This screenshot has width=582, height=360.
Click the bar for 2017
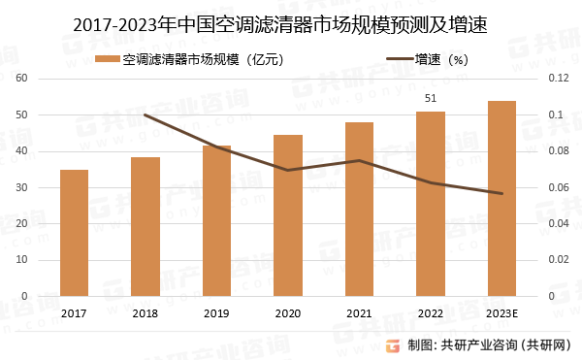click(x=75, y=233)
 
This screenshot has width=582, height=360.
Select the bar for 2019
click(x=216, y=221)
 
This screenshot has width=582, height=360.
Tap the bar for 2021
click(x=359, y=210)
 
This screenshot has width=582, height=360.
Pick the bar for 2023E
click(x=501, y=199)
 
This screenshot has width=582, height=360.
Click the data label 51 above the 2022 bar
click(x=431, y=98)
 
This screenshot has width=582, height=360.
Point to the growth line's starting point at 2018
click(x=145, y=115)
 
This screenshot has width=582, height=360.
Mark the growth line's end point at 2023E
click(x=501, y=193)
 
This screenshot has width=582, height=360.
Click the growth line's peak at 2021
click(x=359, y=160)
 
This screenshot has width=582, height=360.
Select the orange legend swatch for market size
click(x=108, y=59)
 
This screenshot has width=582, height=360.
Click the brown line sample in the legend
click(x=400, y=58)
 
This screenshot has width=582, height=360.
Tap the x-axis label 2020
click(x=288, y=313)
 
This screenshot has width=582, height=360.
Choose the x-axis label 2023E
click(x=501, y=313)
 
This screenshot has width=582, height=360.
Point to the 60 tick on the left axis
click(x=22, y=78)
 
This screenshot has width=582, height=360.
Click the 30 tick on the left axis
click(x=22, y=187)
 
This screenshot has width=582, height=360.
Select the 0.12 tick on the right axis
click(x=559, y=78)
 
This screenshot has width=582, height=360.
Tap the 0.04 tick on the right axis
click(x=559, y=223)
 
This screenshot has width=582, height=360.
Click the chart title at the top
click(x=280, y=25)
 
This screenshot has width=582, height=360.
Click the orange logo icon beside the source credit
click(x=393, y=345)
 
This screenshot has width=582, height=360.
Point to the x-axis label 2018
click(x=145, y=313)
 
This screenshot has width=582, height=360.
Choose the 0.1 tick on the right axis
click(x=556, y=115)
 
